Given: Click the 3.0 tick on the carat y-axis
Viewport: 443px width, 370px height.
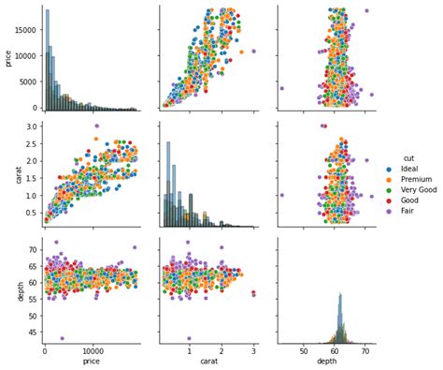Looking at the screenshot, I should [31, 126].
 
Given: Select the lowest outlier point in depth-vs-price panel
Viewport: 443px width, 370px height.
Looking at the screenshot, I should [63, 338].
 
